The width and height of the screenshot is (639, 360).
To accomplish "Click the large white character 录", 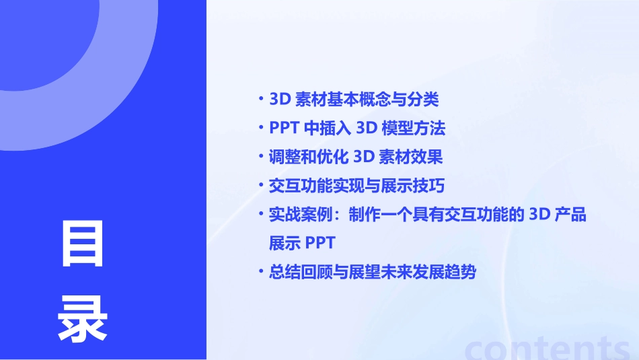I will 82,319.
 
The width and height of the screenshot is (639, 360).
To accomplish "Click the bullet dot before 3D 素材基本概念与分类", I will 261,99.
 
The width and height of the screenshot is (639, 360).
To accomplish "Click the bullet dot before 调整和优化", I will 261,156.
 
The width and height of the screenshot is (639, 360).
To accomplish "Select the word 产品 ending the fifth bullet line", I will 571,215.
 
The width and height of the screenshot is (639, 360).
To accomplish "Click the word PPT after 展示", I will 319,243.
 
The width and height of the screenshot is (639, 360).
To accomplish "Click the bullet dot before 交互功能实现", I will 261,184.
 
